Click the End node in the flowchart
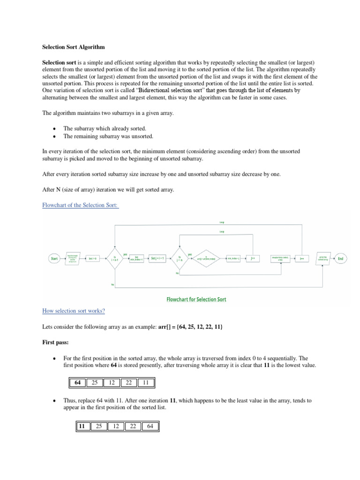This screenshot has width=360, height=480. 341,258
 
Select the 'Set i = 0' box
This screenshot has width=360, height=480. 93,258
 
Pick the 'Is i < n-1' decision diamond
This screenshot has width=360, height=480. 114,258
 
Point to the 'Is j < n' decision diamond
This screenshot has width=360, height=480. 180,258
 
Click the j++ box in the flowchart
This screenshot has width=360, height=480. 253,258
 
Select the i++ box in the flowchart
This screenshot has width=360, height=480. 302,258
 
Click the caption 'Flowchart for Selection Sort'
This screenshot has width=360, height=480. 196,299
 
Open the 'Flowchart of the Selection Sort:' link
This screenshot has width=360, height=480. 80,205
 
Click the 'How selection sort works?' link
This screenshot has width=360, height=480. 74,311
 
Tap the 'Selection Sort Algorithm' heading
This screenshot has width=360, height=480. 74,47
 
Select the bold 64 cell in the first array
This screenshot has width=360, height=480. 77,382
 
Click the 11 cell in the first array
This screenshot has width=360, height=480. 145,382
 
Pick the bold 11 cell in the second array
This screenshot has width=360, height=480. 82,426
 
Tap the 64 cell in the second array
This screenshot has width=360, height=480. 150,426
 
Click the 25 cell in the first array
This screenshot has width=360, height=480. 94,382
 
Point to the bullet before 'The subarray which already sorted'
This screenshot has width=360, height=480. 55,128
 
